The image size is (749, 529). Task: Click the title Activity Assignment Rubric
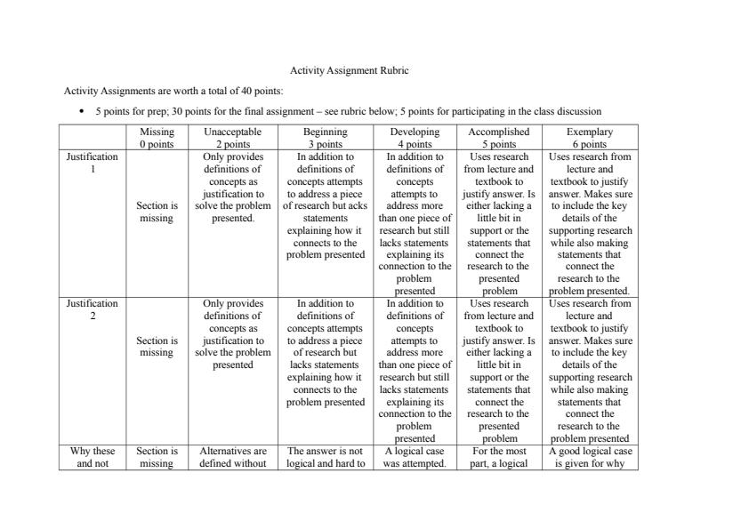coord(350,70)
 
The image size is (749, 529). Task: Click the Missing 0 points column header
coord(157,138)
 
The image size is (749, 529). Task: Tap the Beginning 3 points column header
coord(325,138)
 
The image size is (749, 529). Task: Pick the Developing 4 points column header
coord(415,138)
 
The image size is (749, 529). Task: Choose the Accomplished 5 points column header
coord(499,138)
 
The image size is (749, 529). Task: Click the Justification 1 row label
coord(93,163)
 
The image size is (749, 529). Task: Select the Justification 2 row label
coord(93,309)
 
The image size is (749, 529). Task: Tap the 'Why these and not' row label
coord(93,456)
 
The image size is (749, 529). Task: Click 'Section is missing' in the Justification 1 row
coord(157,212)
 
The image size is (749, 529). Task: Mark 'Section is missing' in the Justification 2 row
coord(157,346)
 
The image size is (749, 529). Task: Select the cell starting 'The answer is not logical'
coord(325,456)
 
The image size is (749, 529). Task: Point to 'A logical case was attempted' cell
coord(415,456)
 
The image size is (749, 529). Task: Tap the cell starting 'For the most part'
coord(499,456)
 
